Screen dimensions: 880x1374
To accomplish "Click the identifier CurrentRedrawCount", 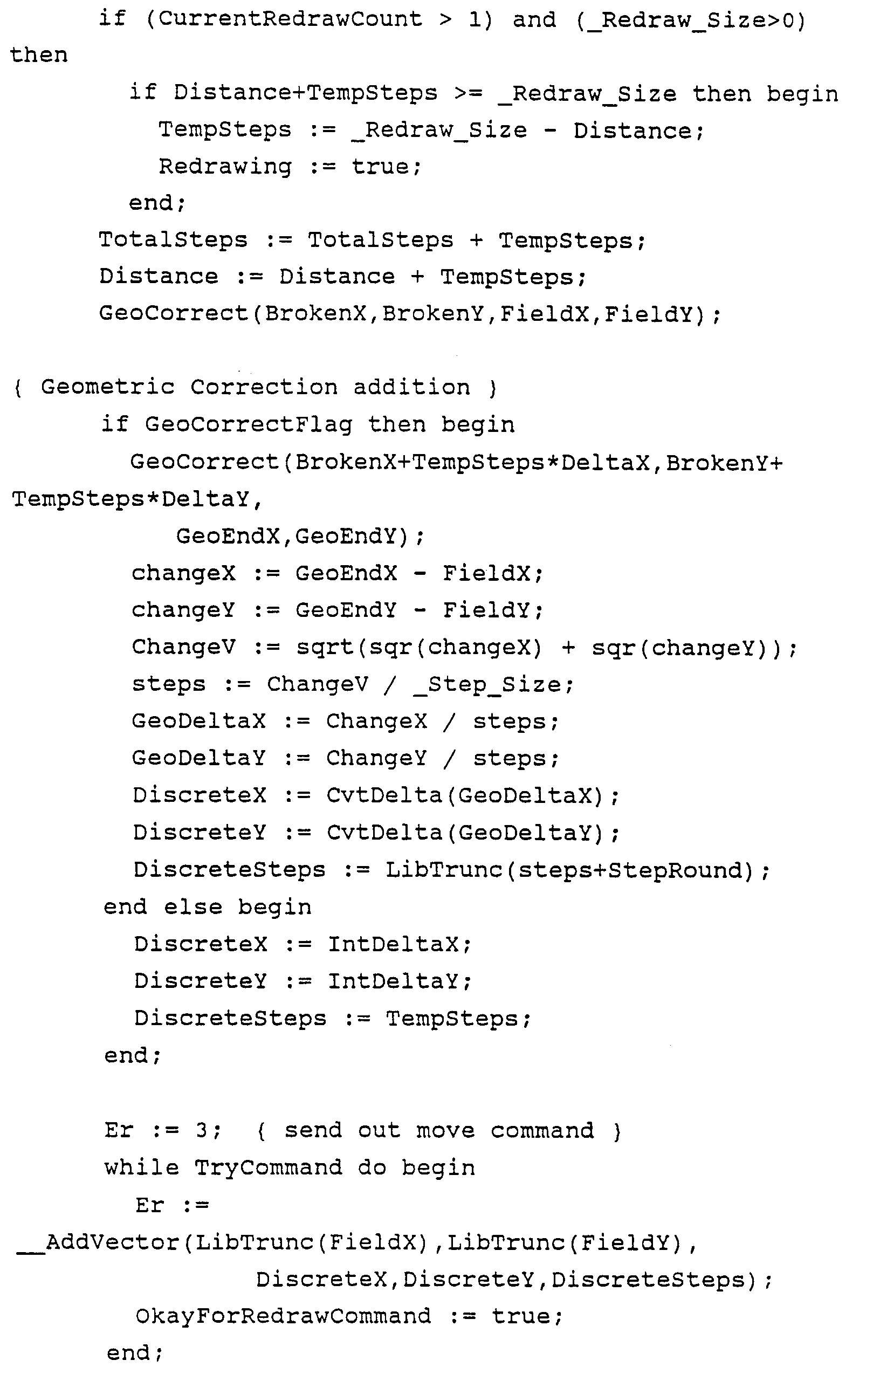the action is click(x=290, y=19).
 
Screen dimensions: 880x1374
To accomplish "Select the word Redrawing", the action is click(x=225, y=167).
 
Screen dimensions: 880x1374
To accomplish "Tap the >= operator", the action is click(x=468, y=94).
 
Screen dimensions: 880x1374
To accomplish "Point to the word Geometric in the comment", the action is click(x=107, y=387).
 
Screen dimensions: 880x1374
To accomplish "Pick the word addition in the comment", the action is click(x=411, y=387).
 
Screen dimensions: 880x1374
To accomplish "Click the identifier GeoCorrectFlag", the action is click(x=248, y=424).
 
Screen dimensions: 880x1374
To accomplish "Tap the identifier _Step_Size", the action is click(x=487, y=684).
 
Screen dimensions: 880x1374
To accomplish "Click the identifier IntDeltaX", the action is click(x=393, y=944).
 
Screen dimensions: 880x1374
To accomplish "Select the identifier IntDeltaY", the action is click(x=393, y=981).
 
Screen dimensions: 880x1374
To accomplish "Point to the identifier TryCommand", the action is click(x=268, y=1168).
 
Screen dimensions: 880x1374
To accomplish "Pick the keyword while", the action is click(x=141, y=1168).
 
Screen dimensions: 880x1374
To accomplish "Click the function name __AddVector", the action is click(x=98, y=1242).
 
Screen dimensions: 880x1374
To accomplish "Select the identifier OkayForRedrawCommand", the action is click(x=283, y=1316).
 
